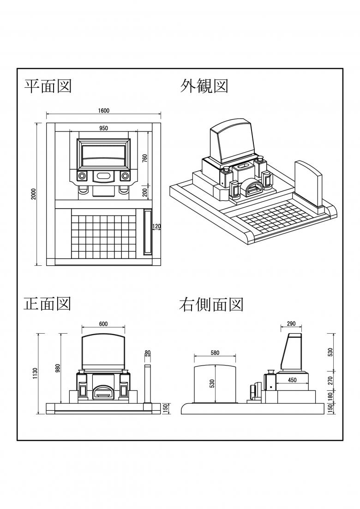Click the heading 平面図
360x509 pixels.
48,85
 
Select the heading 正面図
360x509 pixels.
47,303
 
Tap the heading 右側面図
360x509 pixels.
211,304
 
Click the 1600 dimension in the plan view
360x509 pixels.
103,111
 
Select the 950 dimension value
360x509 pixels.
103,128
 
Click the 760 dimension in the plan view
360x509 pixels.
144,158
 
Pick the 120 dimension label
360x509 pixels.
156,226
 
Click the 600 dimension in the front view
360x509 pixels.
103,324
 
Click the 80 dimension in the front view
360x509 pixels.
148,353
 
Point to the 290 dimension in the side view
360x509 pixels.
291,324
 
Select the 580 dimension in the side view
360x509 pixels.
215,353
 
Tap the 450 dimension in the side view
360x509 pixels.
292,380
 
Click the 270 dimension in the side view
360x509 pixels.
330,381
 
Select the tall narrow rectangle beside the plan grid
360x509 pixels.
148,232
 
